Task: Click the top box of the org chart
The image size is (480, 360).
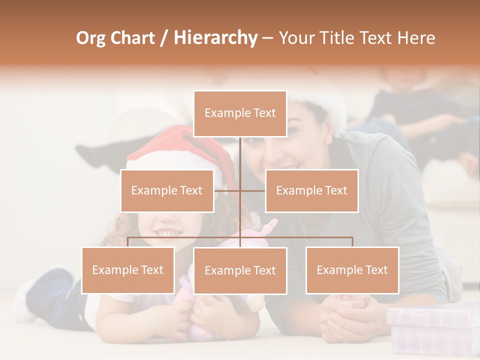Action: click(x=240, y=113)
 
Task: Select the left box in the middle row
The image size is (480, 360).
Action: click(x=167, y=190)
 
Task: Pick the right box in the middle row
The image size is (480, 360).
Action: click(x=311, y=190)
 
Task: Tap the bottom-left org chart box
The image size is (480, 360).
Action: click(x=128, y=270)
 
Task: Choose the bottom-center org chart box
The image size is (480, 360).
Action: click(x=240, y=270)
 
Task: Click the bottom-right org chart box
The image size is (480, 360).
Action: click(x=352, y=270)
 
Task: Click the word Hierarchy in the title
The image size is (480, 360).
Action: click(x=215, y=38)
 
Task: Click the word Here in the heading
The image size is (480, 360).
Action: click(x=416, y=38)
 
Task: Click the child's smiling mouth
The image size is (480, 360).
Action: click(x=167, y=232)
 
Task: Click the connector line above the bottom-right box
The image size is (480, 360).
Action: click(x=352, y=242)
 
